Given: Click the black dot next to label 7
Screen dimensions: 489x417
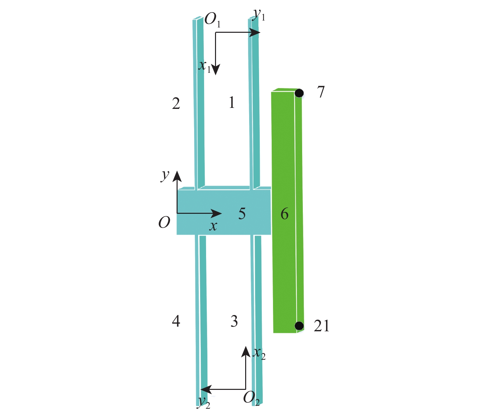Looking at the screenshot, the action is (x=299, y=93).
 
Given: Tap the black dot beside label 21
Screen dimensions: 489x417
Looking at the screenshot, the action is (x=299, y=326).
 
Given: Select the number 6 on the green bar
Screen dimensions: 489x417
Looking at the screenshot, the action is (x=284, y=214).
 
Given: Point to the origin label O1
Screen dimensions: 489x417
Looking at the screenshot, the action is (x=212, y=20).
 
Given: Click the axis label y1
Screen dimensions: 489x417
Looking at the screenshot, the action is (x=259, y=15).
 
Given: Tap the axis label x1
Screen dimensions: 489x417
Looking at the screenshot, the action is (x=204, y=67).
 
